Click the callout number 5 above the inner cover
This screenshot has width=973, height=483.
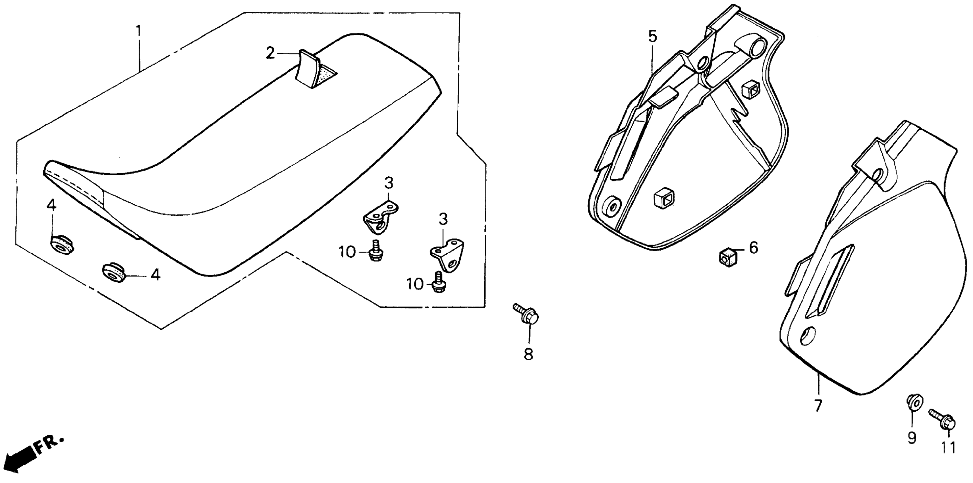coord(653,37)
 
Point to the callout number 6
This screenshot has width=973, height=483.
coord(753,248)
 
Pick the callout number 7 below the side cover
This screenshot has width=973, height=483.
coord(818,406)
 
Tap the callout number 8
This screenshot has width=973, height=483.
coord(528,354)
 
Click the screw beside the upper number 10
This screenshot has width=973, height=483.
coord(376,251)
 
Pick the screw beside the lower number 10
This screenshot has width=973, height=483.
coord(439,282)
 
